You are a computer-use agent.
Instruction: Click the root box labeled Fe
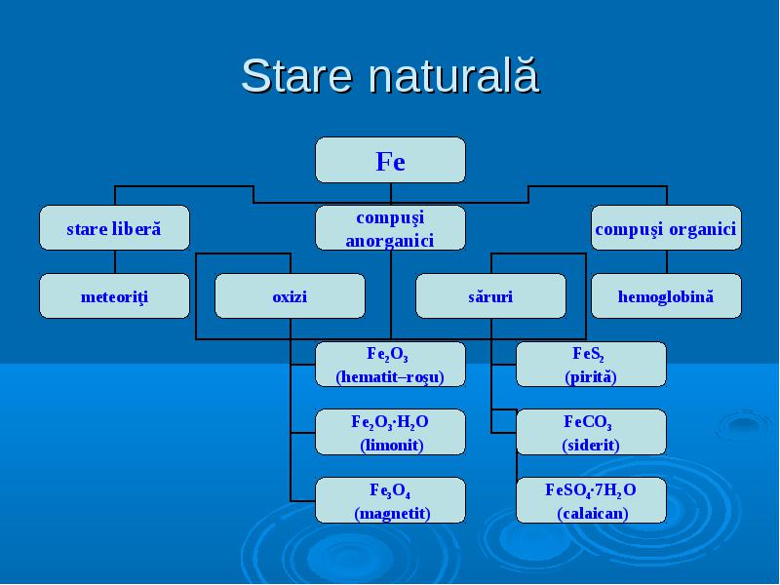coord(391,160)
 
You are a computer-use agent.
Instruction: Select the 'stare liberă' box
coord(114,228)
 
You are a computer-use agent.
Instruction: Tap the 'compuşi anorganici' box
coord(391,228)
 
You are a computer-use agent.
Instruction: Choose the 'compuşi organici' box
coord(666,228)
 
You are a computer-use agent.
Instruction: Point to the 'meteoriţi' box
coord(114,296)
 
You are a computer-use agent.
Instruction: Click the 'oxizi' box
coord(290,296)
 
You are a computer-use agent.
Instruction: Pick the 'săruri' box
coord(490,296)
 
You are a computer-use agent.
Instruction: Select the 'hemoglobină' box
coord(666,296)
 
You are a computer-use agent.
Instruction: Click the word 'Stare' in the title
coord(297,76)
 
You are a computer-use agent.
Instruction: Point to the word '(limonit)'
coord(392,445)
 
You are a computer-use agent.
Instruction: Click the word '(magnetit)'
coord(392,513)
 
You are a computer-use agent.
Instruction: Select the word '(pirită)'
coord(591,376)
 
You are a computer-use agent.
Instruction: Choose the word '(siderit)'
coord(591,445)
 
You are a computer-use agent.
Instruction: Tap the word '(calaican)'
coord(592,513)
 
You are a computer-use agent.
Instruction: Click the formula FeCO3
coord(588,422)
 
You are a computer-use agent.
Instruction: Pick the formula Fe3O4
coord(390,490)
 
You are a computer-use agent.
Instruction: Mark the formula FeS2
coord(588,354)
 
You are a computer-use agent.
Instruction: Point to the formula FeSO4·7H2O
coord(591,490)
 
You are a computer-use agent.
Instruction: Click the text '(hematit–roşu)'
coord(390,376)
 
